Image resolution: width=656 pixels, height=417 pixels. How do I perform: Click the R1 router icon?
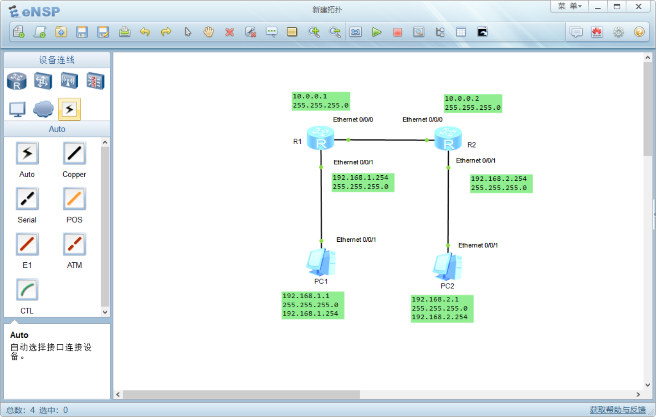pyautogui.click(x=320, y=138)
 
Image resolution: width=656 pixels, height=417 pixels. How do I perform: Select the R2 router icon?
pyautogui.click(x=448, y=138)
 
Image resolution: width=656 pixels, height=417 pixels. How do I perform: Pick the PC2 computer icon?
pyautogui.click(x=447, y=267)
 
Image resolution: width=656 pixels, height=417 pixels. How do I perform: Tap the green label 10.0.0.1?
pyautogui.click(x=321, y=101)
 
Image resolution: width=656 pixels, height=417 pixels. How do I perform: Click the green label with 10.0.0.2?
pyautogui.click(x=473, y=103)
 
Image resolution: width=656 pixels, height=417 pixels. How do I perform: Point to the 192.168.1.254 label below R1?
pyautogui.click(x=363, y=182)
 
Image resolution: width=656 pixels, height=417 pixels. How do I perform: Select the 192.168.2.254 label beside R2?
pyautogui.click(x=501, y=183)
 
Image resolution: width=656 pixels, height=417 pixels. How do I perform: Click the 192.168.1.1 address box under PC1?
pyautogui.click(x=313, y=305)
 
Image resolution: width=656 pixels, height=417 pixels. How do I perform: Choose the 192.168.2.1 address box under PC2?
pyautogui.click(x=442, y=309)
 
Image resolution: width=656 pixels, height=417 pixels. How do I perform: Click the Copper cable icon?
pyautogui.click(x=74, y=153)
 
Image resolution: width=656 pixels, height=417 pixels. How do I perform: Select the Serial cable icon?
pyautogui.click(x=27, y=199)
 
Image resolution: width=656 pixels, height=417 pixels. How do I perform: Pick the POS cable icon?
pyautogui.click(x=74, y=199)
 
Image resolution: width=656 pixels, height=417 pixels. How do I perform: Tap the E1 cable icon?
pyautogui.click(x=27, y=244)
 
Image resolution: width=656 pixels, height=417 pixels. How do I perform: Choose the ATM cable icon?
pyautogui.click(x=74, y=244)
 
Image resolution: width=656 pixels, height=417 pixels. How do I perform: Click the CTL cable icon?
pyautogui.click(x=27, y=290)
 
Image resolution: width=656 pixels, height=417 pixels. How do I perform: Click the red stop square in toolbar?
pyautogui.click(x=398, y=32)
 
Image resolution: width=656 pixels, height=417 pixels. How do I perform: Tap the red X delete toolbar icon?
pyautogui.click(x=230, y=32)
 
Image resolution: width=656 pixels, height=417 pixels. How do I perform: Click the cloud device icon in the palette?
pyautogui.click(x=43, y=109)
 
